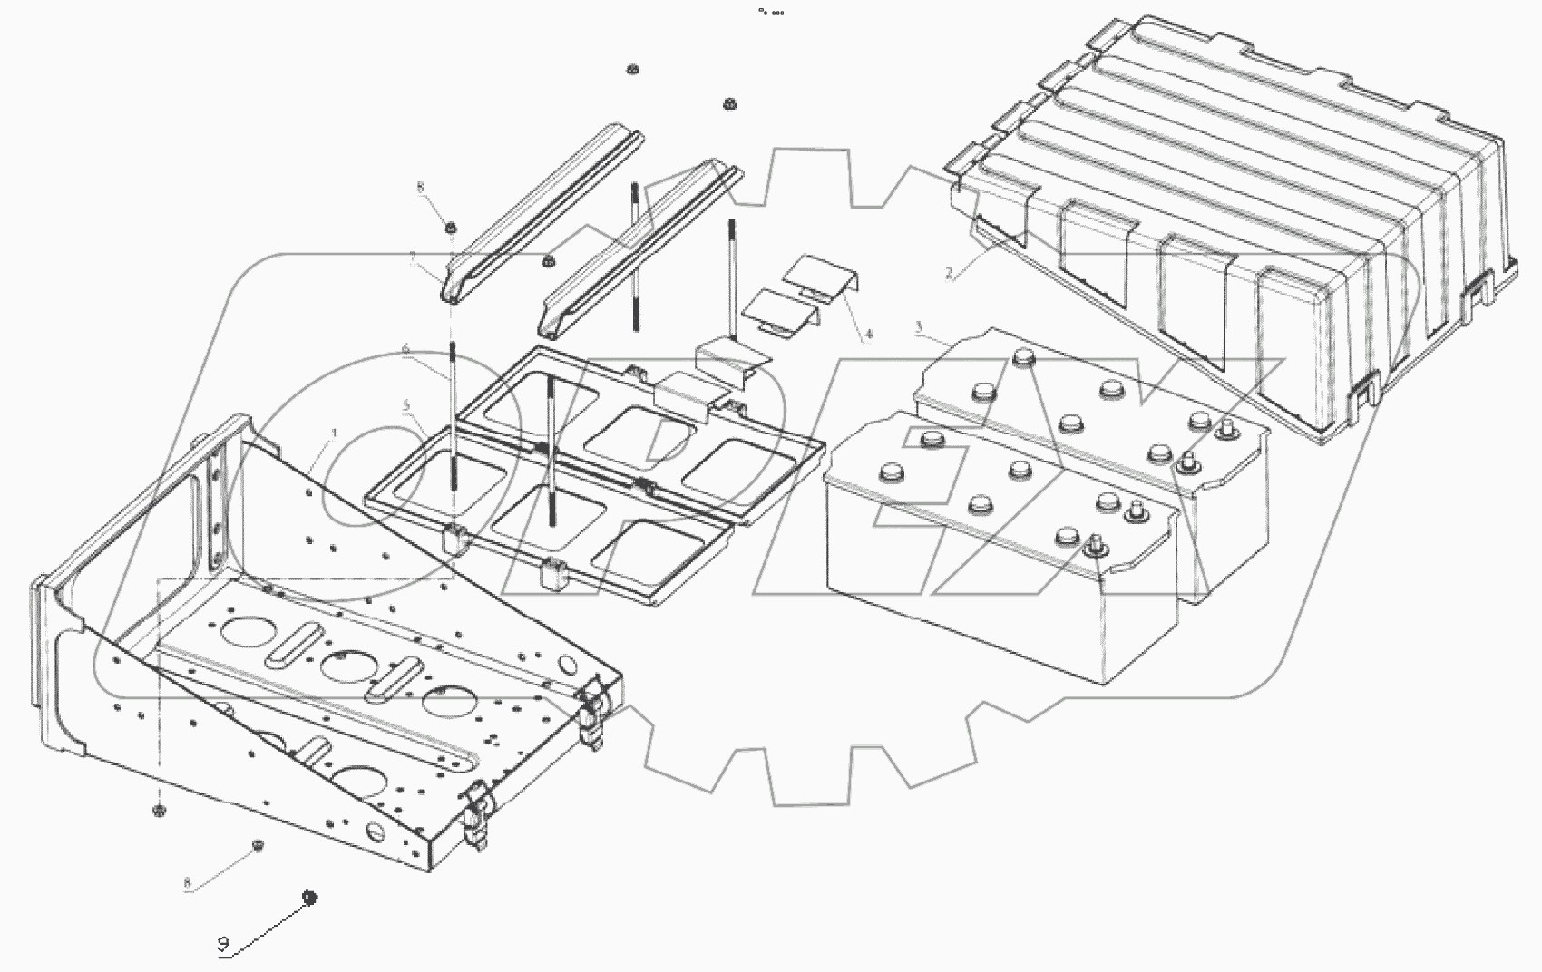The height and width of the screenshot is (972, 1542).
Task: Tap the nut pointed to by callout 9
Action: pyautogui.click(x=309, y=898)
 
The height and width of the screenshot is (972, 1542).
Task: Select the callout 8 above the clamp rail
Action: pyautogui.click(x=420, y=188)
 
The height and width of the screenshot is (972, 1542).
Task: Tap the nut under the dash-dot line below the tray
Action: pyautogui.click(x=158, y=808)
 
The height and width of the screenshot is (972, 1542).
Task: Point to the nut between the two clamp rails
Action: pyautogui.click(x=548, y=262)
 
